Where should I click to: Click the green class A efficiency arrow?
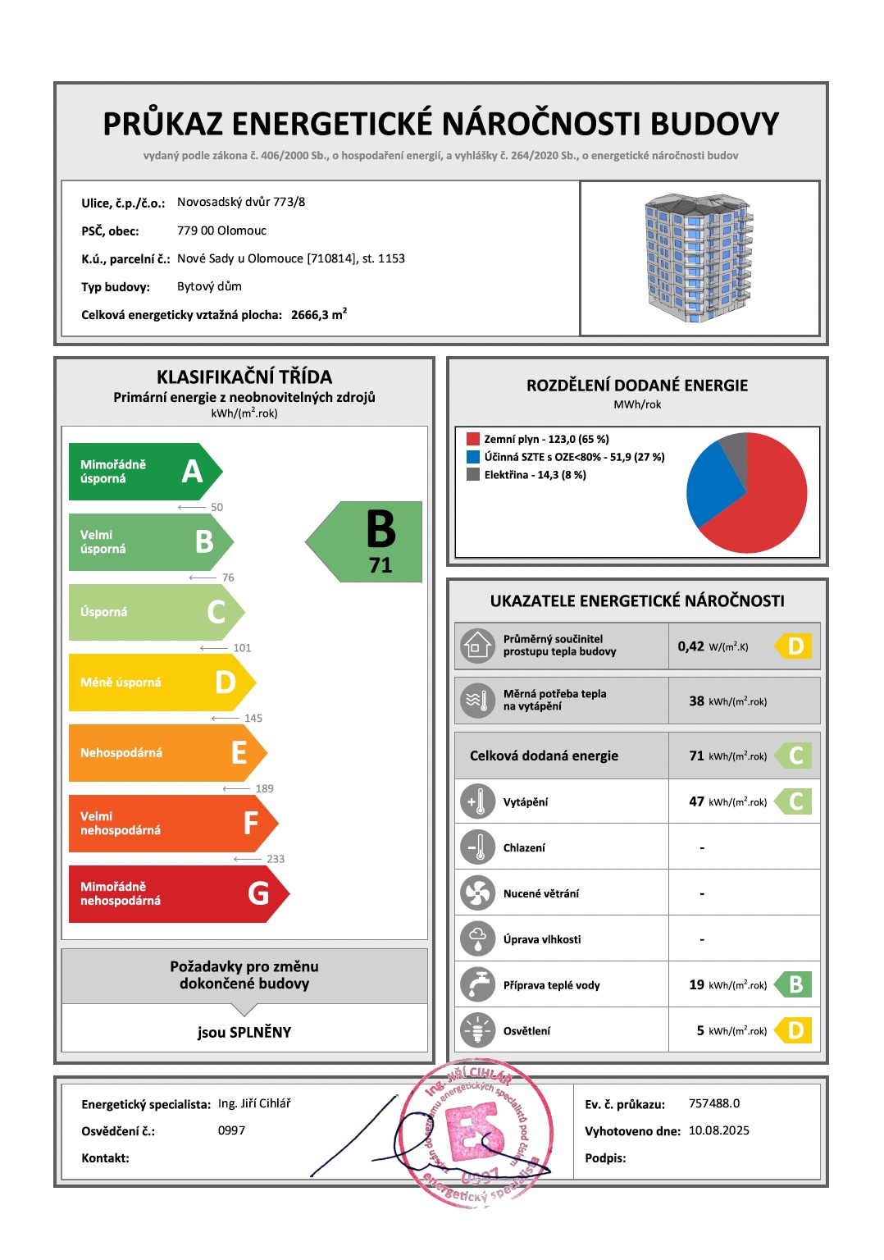[x=144, y=472]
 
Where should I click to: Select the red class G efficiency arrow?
[x=176, y=893]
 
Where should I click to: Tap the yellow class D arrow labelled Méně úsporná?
[x=160, y=682]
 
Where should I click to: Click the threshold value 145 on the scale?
[x=253, y=718]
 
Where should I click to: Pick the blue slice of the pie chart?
[x=709, y=484]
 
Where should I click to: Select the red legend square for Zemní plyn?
[x=473, y=439]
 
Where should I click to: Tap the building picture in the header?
[x=699, y=258]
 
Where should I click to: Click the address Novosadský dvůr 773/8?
[x=241, y=202]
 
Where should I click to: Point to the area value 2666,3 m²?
[x=318, y=314]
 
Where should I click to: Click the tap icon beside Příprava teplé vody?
[x=477, y=984]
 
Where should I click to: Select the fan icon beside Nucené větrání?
[x=477, y=893]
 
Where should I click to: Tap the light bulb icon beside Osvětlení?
[x=477, y=1030]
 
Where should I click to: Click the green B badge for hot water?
[x=795, y=984]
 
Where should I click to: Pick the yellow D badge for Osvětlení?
[x=795, y=1030]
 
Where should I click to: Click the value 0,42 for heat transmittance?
[x=691, y=646]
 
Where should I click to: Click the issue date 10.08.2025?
[x=719, y=1130]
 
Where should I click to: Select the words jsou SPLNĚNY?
[x=244, y=1032]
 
